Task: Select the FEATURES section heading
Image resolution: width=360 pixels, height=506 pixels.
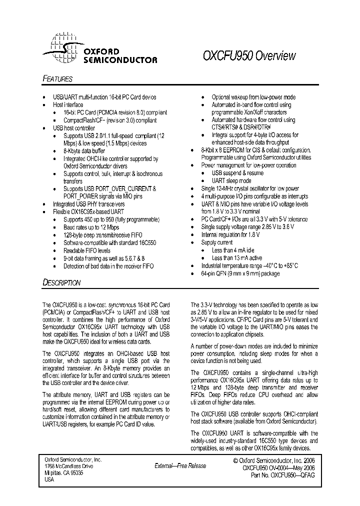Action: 57,79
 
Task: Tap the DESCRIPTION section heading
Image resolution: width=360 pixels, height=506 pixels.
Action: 61,282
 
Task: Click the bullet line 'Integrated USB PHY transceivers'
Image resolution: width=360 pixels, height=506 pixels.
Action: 88,204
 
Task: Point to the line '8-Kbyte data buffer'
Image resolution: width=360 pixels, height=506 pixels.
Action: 84,150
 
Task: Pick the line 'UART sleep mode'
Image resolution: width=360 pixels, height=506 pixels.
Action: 232,181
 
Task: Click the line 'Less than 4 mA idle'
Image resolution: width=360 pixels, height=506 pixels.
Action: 233,250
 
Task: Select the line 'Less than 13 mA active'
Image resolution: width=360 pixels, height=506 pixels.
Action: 237,258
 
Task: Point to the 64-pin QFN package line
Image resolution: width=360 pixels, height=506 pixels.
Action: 240,274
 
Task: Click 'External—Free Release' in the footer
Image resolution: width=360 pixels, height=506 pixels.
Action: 180,465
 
